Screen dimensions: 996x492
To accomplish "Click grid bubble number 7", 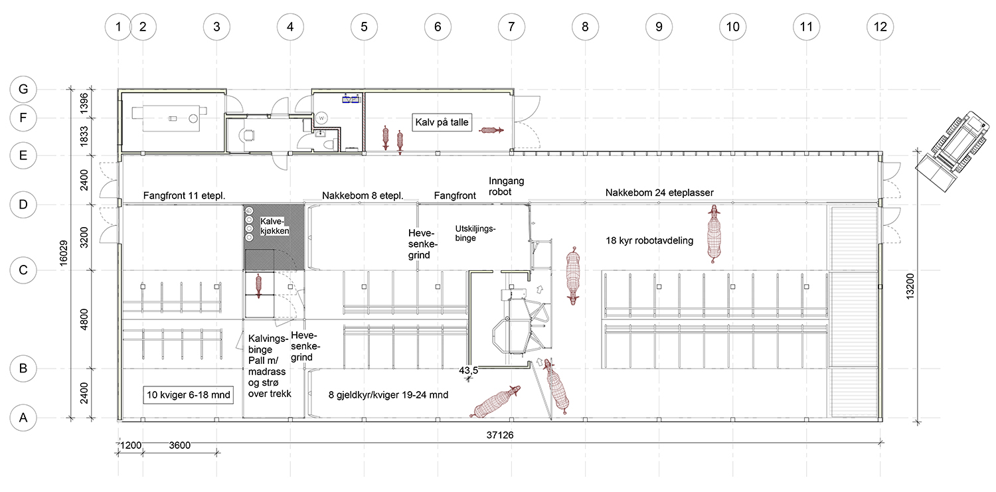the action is click(x=511, y=27).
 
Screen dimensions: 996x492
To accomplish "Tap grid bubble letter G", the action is click(x=23, y=90).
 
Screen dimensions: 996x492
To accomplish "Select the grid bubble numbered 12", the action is click(x=880, y=27).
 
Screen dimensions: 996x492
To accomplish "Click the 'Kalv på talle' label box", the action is click(x=442, y=122).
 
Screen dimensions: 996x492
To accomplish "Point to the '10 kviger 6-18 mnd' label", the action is click(x=189, y=394).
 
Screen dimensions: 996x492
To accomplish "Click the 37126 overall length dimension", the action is click(x=500, y=435).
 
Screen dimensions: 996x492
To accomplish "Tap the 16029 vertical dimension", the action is click(x=64, y=254).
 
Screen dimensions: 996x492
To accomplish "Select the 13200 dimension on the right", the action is click(x=910, y=286).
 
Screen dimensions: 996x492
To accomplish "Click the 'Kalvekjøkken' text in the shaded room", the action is click(x=274, y=226).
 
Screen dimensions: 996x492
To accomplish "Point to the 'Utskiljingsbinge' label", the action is click(x=475, y=233).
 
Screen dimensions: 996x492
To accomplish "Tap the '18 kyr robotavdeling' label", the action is click(x=649, y=241).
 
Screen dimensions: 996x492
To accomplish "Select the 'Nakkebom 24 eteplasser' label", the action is click(x=659, y=193).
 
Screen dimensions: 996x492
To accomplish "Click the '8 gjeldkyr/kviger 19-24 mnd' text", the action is click(x=388, y=394).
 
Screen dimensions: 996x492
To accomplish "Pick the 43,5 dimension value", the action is click(x=468, y=370).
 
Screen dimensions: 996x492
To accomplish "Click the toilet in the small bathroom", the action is click(x=329, y=145).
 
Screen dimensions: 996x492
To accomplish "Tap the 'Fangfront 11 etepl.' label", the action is click(x=184, y=196).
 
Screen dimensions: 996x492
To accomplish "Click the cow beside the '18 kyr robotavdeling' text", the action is click(x=714, y=234).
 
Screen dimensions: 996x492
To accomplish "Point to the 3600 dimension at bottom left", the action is click(x=180, y=446).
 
